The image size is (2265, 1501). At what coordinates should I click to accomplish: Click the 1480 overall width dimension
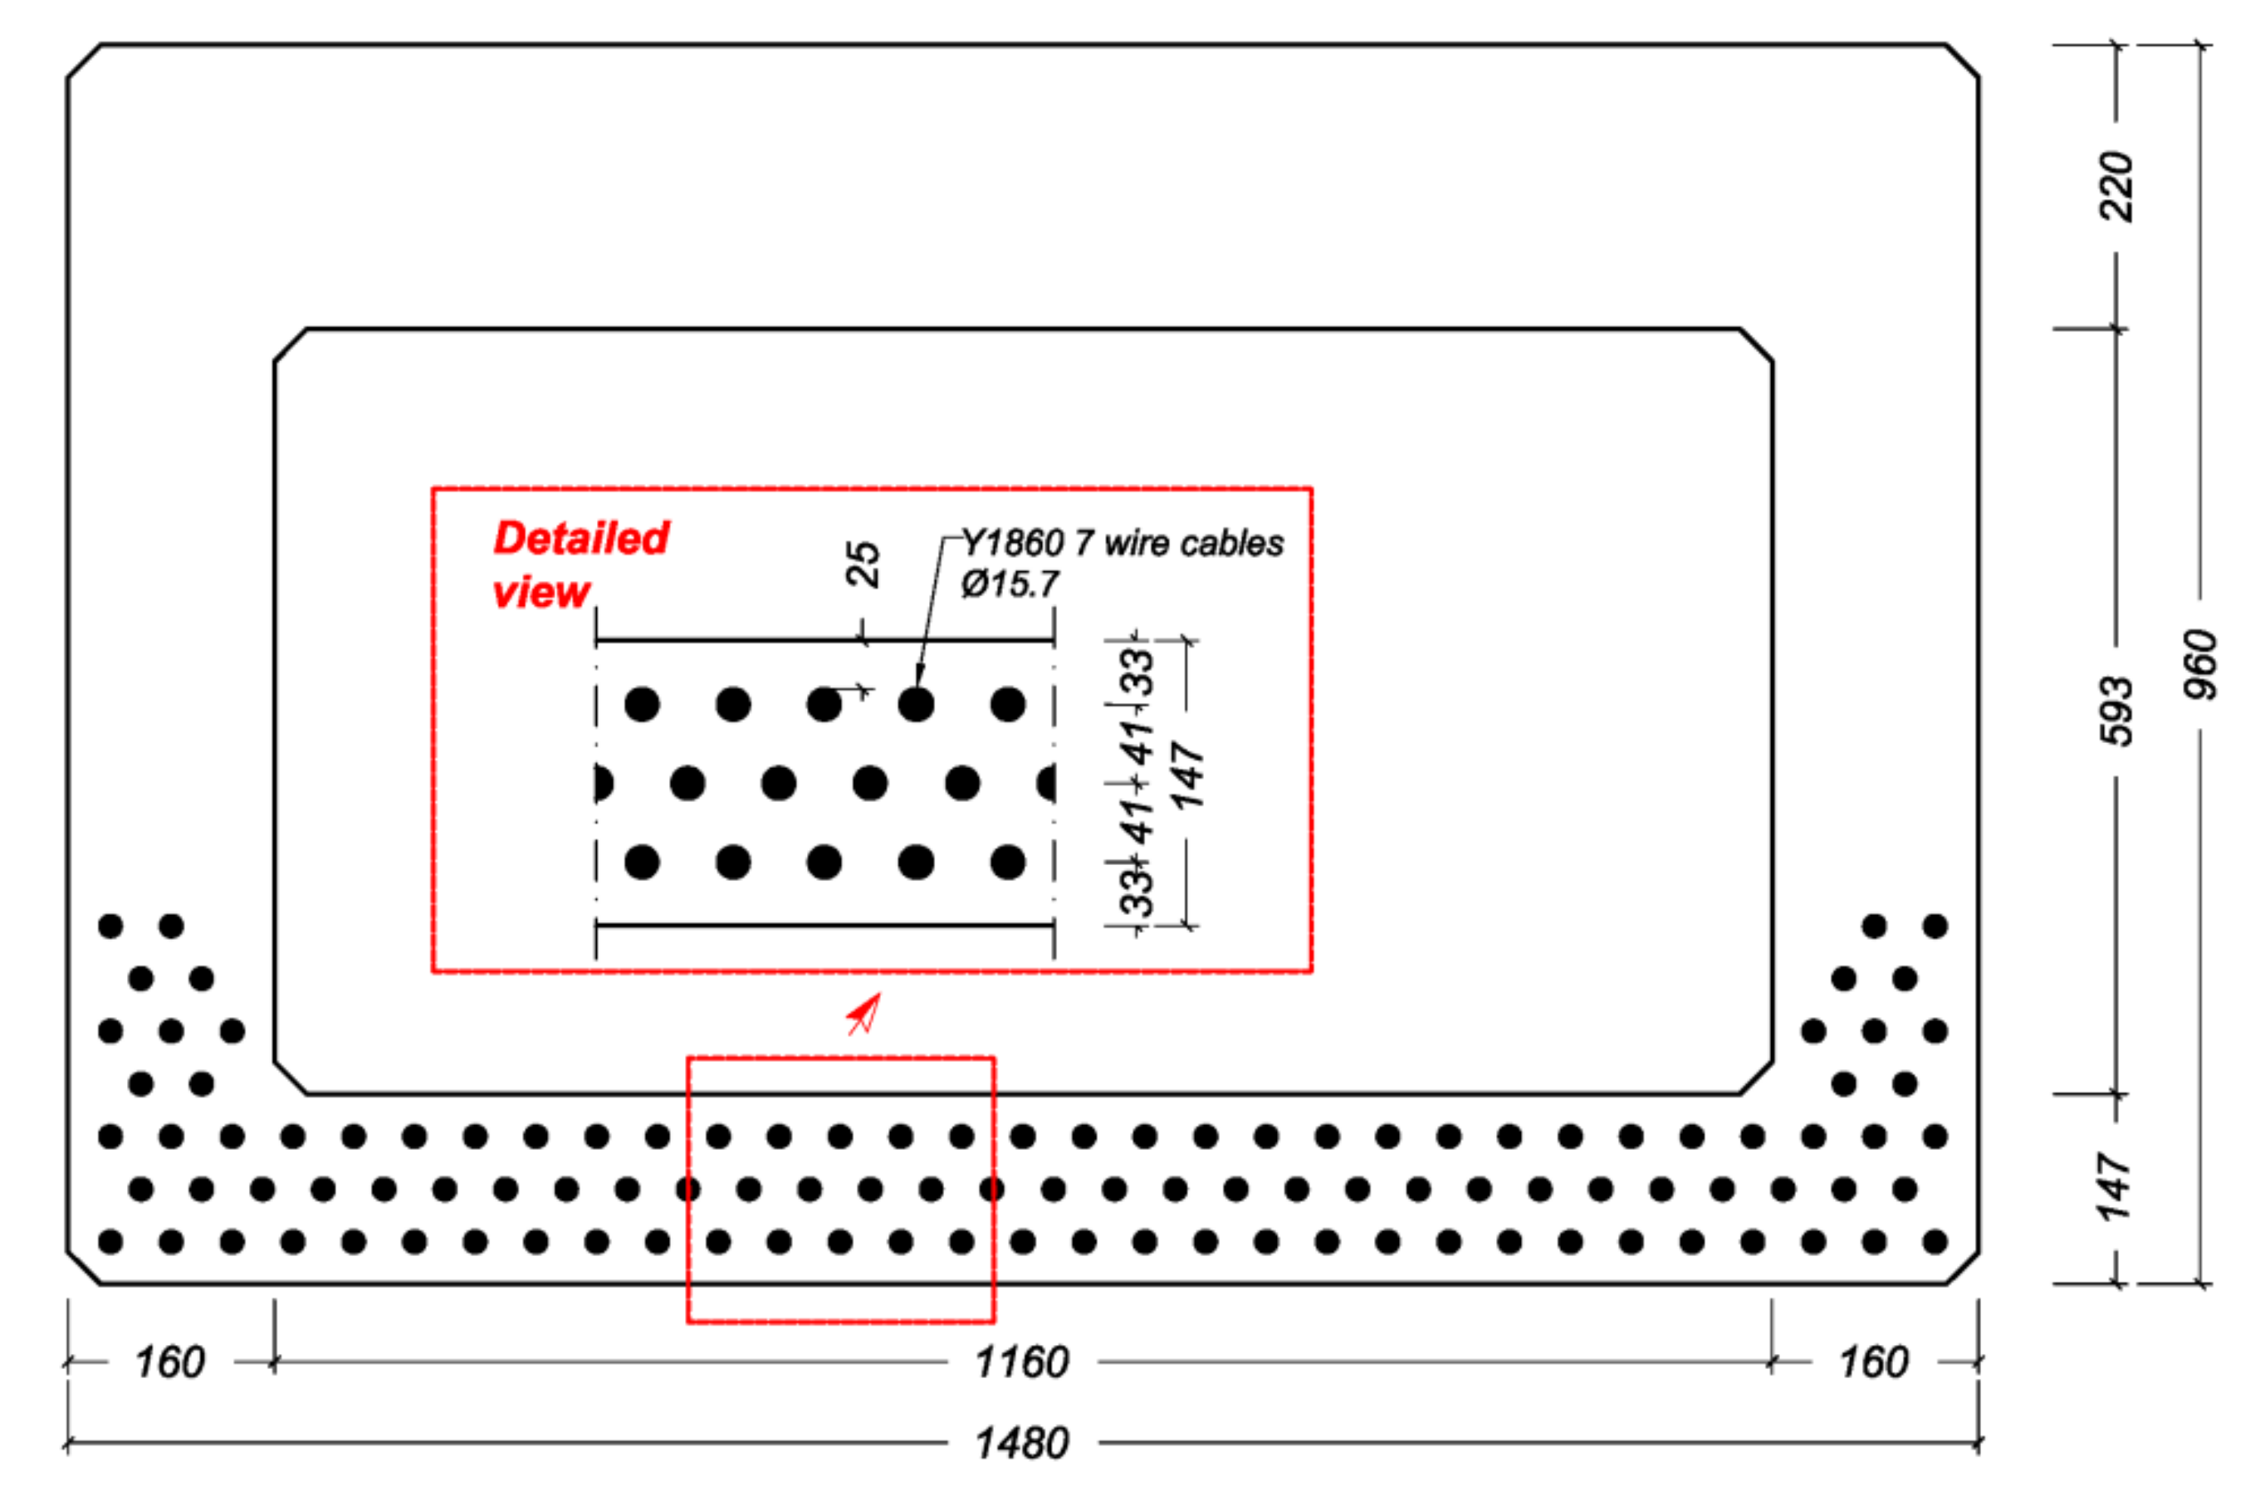[1021, 1443]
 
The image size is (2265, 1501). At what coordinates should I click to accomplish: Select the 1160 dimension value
[1021, 1362]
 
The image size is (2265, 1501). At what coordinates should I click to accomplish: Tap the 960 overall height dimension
[2200, 664]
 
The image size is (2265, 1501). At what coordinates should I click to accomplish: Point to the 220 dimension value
[2116, 187]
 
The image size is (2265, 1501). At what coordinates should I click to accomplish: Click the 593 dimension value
[2116, 711]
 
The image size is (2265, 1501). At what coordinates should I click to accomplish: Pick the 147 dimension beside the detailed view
[1187, 775]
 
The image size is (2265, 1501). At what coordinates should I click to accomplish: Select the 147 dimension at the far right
[2116, 1187]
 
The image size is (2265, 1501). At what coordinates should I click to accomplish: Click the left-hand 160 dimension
[169, 1362]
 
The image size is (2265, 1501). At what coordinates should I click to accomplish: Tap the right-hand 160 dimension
[1873, 1362]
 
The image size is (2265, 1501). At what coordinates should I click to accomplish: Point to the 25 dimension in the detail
[863, 564]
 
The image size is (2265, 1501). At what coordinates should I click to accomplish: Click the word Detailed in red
[581, 538]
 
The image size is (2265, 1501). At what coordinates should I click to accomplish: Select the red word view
[541, 593]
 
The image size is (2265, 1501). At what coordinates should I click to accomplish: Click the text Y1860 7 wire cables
[1122, 543]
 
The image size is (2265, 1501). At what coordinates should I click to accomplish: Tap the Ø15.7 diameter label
[1010, 584]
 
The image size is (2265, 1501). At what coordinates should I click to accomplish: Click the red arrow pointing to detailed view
[864, 1014]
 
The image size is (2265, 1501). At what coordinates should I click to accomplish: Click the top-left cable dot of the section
[111, 926]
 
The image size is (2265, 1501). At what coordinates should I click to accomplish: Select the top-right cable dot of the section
[1935, 926]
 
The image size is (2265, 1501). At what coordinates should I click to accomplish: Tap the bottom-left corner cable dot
[111, 1242]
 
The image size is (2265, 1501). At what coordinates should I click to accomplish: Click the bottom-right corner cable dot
[1935, 1242]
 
